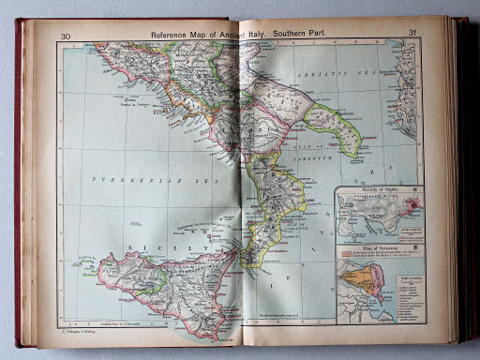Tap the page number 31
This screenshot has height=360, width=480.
(x=412, y=34)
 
